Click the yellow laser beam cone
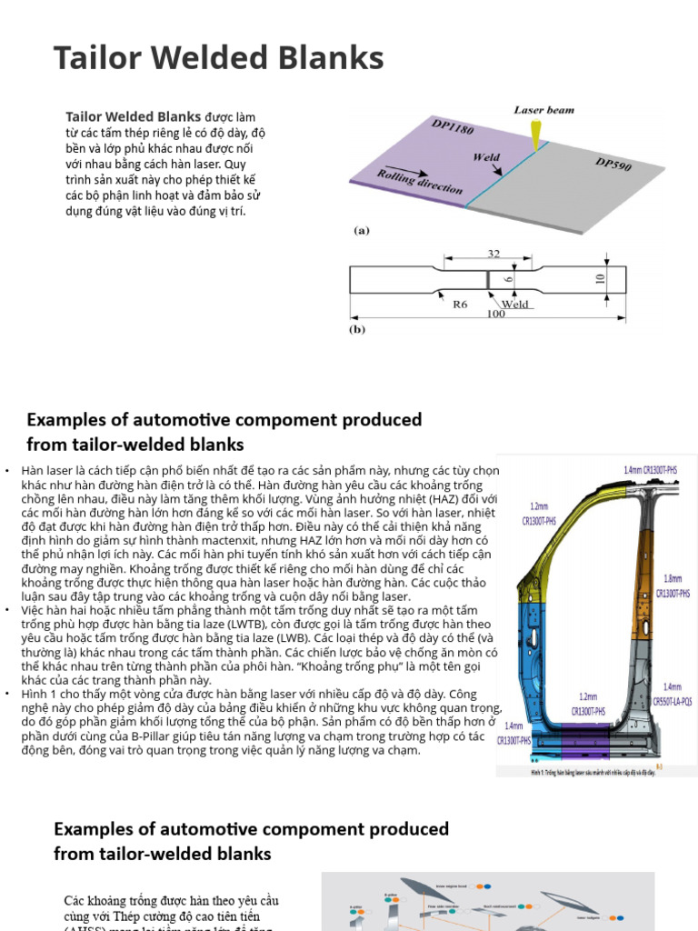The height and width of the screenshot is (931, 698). (x=535, y=131)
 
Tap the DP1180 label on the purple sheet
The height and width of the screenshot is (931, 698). (x=453, y=129)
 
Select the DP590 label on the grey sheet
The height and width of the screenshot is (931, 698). (x=613, y=166)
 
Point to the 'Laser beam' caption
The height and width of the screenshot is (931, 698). (x=544, y=110)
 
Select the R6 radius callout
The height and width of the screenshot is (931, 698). (x=460, y=304)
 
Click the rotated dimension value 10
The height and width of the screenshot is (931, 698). (x=601, y=276)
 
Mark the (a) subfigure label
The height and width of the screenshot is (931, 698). (x=362, y=231)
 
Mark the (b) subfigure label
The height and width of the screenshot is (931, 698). (x=357, y=329)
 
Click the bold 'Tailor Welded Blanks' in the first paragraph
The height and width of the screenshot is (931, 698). (x=133, y=116)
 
